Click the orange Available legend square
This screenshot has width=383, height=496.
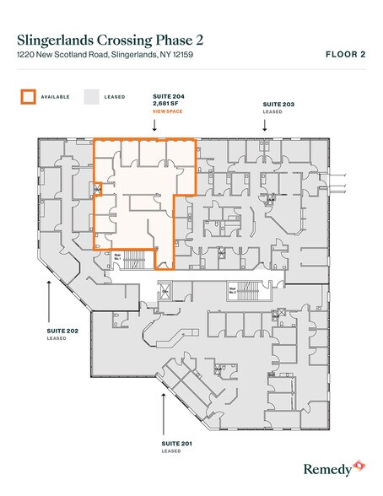(x=28, y=96)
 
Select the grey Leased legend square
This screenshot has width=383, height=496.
(x=91, y=96)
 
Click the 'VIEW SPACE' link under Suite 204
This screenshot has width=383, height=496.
(x=167, y=111)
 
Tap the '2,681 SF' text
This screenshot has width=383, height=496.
(x=167, y=104)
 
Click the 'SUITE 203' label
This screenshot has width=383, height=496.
(x=278, y=104)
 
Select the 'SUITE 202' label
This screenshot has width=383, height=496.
(x=62, y=331)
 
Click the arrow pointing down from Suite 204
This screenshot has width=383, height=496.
(x=154, y=125)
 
